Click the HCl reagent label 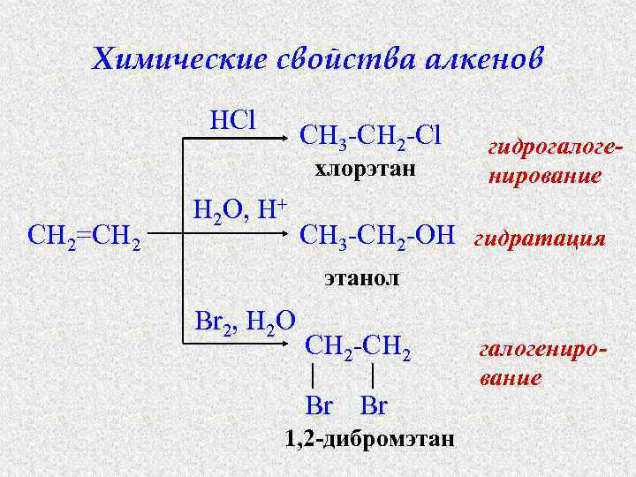232,118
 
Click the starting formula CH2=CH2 84,238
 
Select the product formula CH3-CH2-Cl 370,136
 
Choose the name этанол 361,278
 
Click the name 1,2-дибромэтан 369,438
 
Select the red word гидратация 540,238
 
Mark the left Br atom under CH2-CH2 318,406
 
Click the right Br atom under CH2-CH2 375,406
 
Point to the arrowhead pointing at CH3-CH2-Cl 291,137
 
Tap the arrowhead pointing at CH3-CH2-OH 291,236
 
